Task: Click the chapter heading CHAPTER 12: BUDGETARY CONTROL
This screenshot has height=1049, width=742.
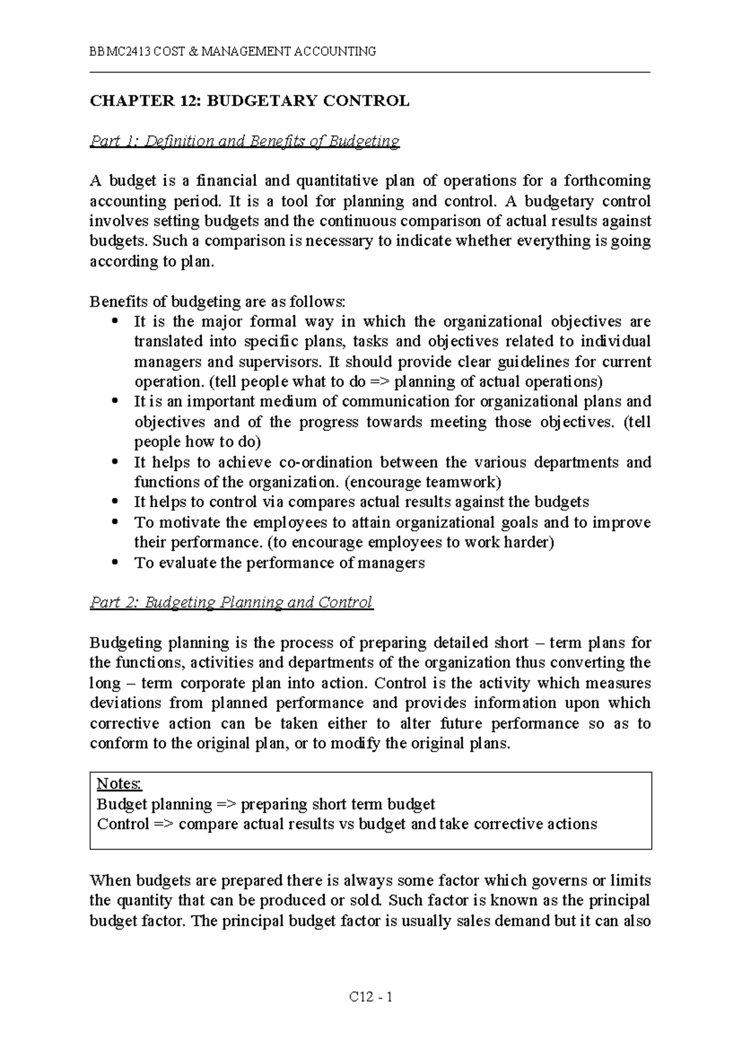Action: coord(250,101)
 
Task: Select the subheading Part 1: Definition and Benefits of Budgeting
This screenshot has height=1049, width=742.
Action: coord(245,141)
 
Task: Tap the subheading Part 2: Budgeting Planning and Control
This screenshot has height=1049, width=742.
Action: coord(231,602)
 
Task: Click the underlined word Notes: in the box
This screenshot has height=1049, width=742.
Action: coord(119,784)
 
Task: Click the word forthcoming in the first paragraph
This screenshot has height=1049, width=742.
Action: coord(609,181)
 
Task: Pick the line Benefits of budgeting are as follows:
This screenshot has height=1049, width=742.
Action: coord(219,301)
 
